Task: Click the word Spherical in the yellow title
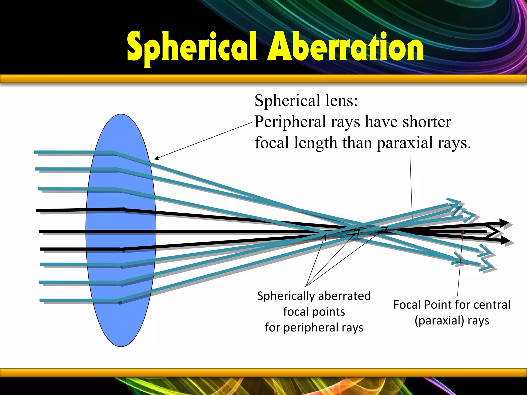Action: click(192, 48)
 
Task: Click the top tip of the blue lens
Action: click(121, 114)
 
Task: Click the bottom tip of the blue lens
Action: click(121, 346)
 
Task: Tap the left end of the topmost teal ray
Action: click(35, 152)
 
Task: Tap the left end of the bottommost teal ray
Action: click(40, 300)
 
